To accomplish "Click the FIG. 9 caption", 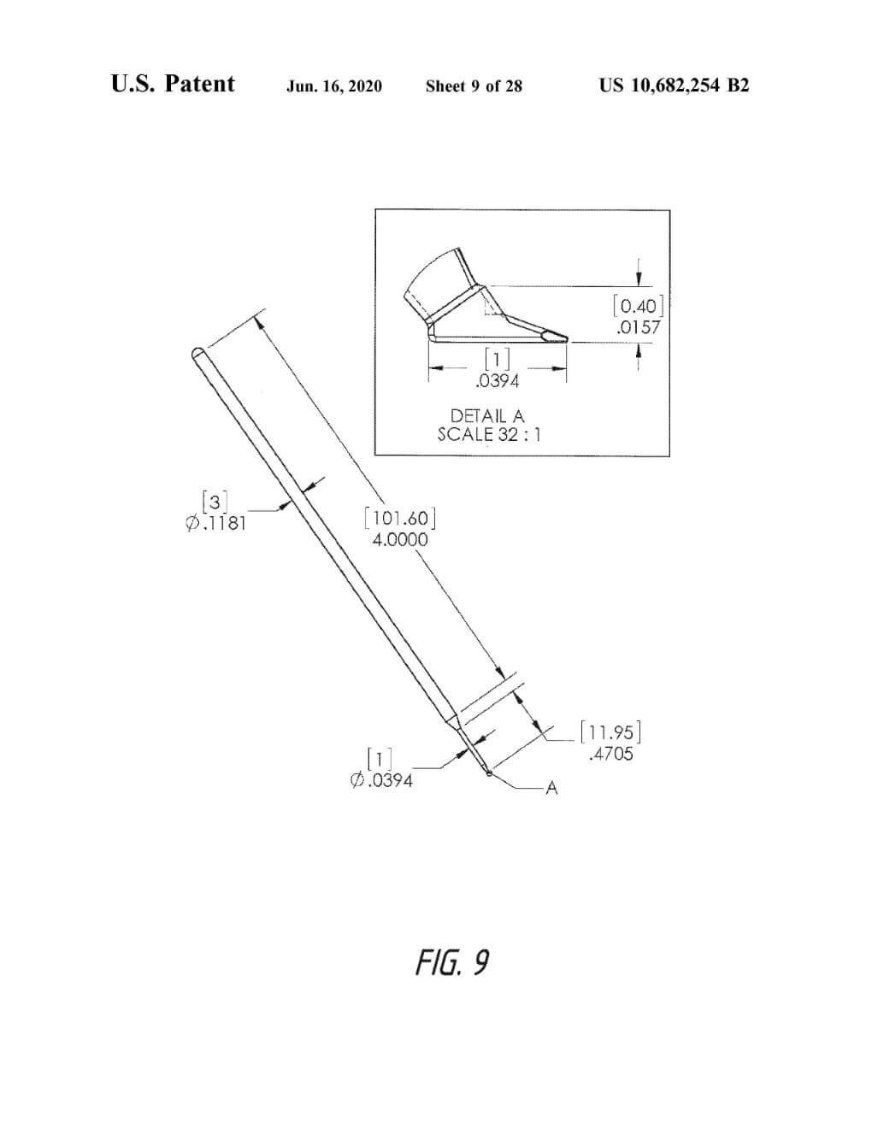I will (452, 963).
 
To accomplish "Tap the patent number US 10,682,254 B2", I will (674, 85).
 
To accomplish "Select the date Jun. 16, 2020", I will (334, 86).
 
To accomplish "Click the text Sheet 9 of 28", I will (474, 86).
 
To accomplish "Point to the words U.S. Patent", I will (173, 84).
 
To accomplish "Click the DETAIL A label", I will (487, 416).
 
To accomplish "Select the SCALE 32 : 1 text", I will (488, 434).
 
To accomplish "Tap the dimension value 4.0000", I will (400, 539).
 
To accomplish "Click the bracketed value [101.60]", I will (400, 518).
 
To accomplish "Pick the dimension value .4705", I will (611, 754).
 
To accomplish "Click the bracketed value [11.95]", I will (610, 732).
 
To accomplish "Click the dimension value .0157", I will (638, 327).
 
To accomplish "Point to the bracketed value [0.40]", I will (638, 306).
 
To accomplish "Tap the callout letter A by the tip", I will (551, 788).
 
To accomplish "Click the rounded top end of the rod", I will (197, 352).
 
